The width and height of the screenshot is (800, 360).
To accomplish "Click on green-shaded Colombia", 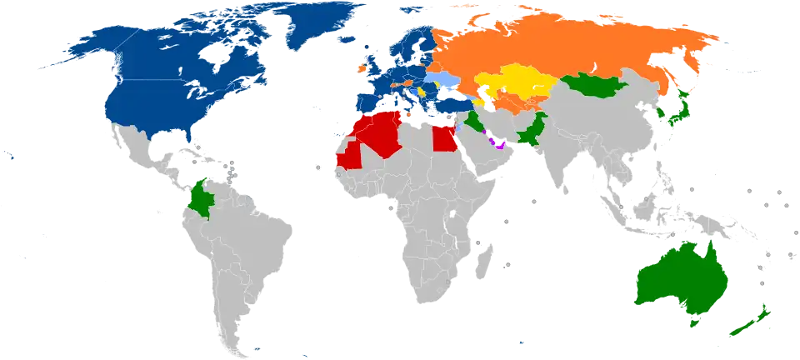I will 201,197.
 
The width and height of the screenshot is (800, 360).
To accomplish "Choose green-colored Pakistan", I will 525,132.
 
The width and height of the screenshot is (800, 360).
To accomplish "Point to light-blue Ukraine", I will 445,82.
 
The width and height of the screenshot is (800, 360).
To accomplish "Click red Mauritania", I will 348,157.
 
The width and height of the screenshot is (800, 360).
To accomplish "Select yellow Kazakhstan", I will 510,83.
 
